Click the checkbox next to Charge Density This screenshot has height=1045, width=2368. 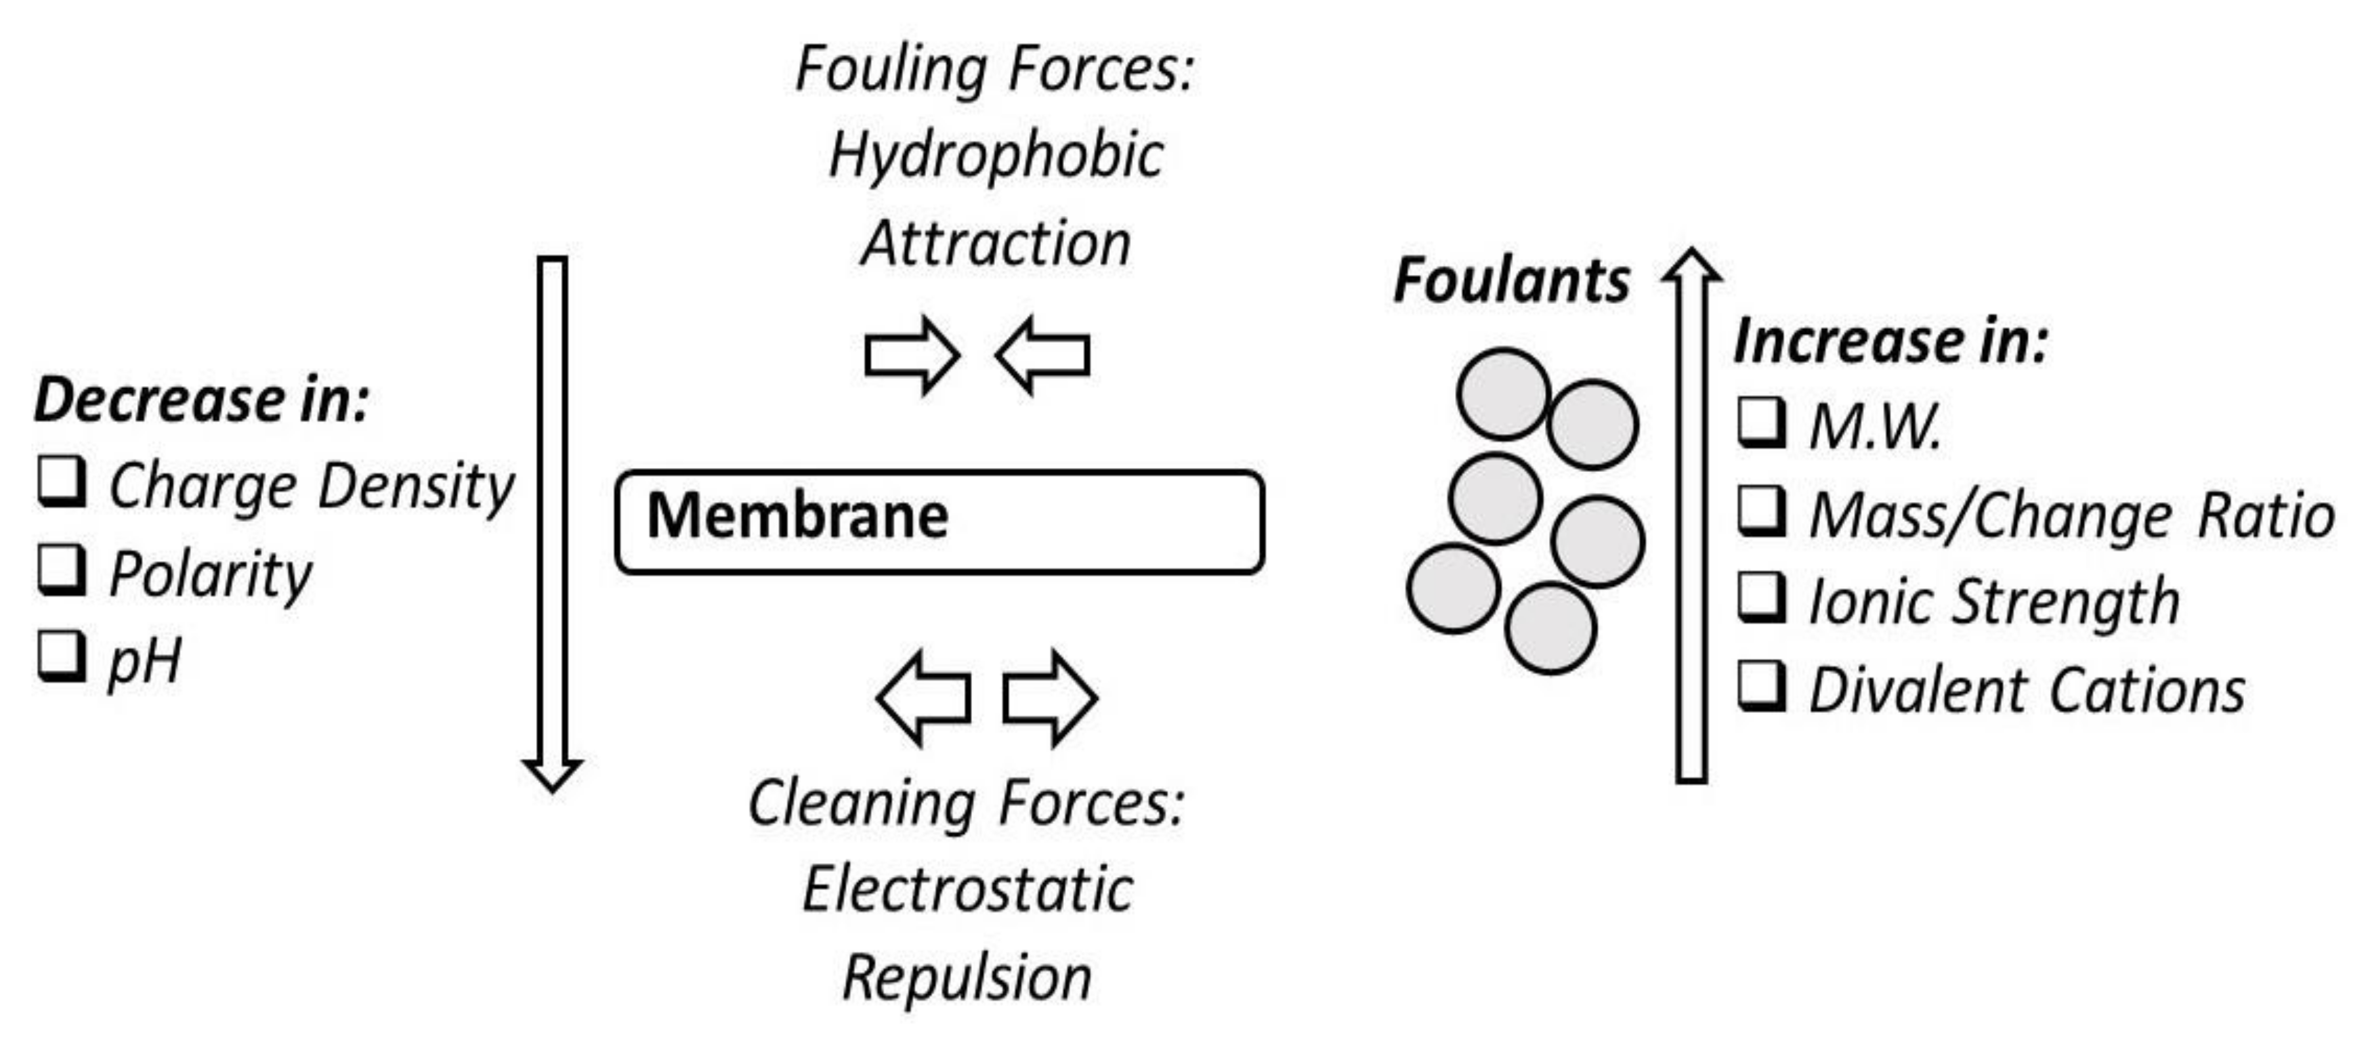point(62,482)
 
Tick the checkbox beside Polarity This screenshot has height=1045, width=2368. point(62,571)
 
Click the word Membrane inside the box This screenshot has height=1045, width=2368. point(797,517)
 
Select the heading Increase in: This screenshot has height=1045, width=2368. point(1890,342)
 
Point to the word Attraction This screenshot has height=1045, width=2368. point(996,244)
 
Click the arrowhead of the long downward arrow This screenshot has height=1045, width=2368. point(551,774)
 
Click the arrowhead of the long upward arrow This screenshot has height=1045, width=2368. point(1691,266)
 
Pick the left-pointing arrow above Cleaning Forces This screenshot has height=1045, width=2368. point(924,698)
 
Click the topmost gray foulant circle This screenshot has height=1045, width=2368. point(1503,393)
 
